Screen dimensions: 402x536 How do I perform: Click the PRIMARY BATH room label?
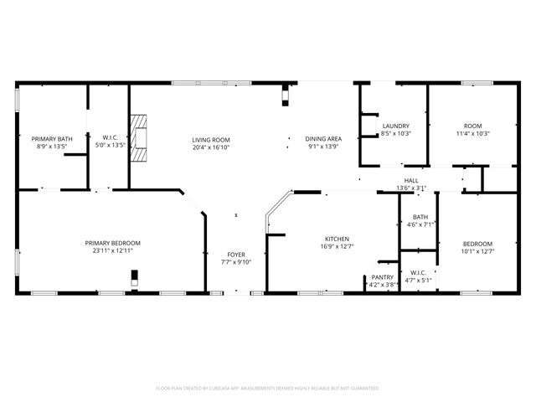pos(49,138)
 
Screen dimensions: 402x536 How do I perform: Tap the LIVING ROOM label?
pos(211,139)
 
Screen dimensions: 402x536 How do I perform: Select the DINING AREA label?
pos(322,139)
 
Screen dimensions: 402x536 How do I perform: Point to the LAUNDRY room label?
pos(395,126)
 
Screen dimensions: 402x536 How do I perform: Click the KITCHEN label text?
pos(337,239)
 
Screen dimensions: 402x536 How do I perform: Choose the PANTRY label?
pos(383,277)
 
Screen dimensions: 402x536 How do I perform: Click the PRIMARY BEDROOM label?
pos(112,243)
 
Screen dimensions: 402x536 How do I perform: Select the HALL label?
pos(411,180)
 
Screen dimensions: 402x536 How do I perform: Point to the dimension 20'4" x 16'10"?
pos(211,147)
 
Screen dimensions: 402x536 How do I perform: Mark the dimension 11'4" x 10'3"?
pos(473,133)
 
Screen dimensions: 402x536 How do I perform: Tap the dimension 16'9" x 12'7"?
pos(337,246)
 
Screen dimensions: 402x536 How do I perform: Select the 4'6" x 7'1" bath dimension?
pos(420,224)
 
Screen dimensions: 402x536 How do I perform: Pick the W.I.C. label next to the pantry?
pos(418,272)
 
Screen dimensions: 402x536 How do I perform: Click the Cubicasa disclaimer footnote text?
pos(268,388)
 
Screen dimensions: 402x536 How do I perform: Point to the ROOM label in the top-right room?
pos(473,126)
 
